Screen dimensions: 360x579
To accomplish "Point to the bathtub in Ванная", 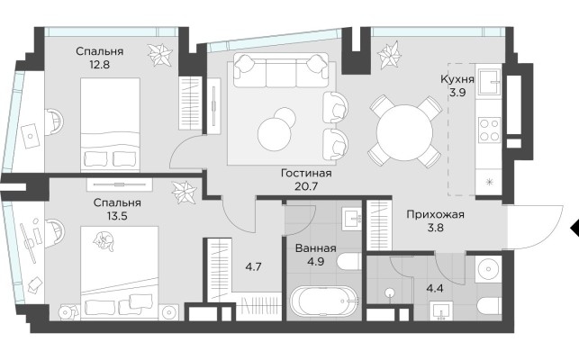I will (x=325, y=301).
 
